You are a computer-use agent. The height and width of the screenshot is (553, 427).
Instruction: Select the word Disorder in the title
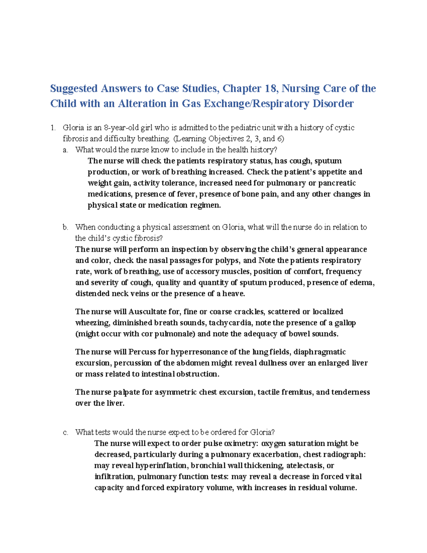tap(333, 104)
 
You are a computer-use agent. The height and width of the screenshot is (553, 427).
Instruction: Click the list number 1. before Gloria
tap(53, 128)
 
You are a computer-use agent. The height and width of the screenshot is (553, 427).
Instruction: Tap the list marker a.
tap(65, 150)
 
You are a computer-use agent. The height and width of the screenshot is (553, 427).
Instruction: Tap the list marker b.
tap(65, 227)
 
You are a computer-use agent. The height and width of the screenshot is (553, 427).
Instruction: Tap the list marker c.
tap(65, 432)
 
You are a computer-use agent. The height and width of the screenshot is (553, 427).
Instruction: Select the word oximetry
tap(241, 443)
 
